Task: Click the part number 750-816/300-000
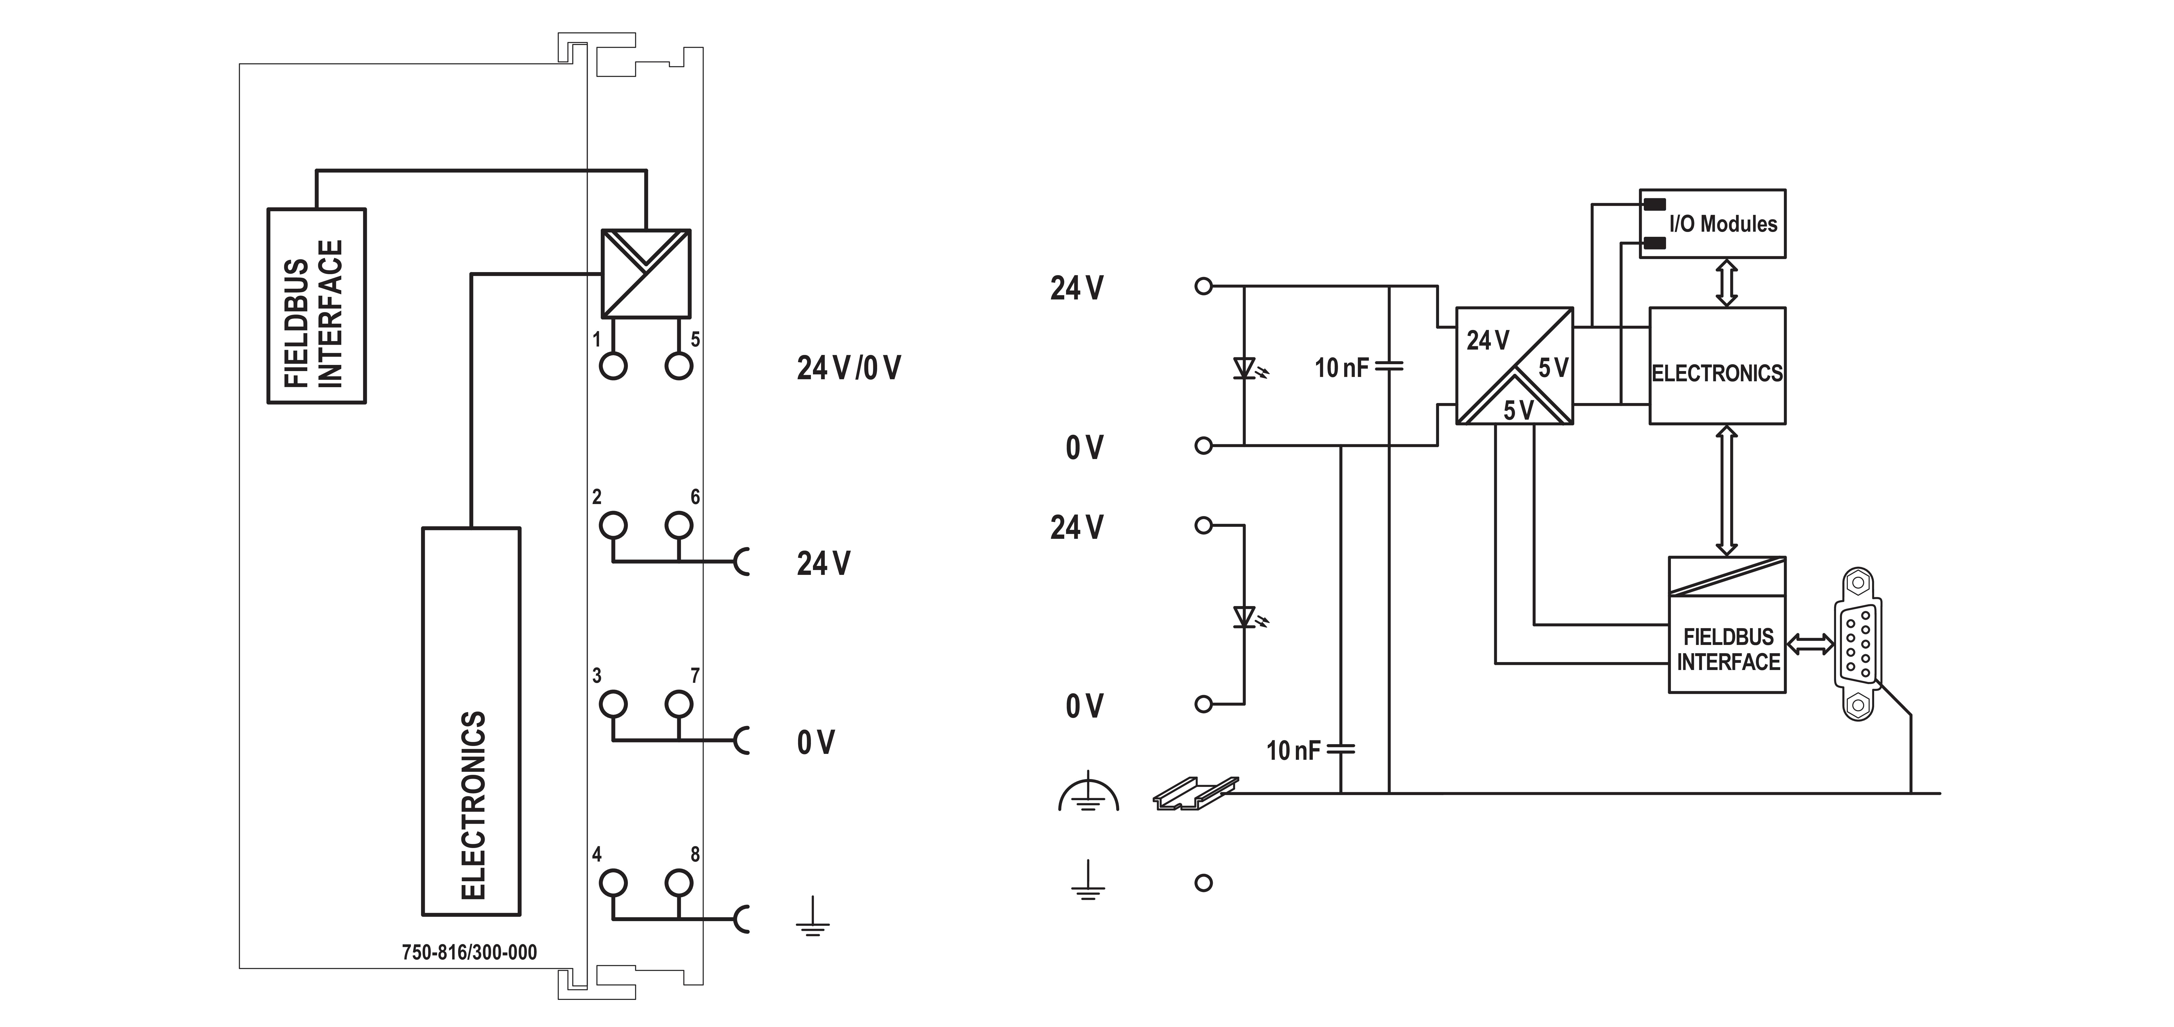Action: [x=469, y=952]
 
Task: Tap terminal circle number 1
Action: [x=614, y=366]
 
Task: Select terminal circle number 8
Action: [x=678, y=883]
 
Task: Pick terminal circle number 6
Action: [x=678, y=525]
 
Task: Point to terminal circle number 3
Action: [x=614, y=704]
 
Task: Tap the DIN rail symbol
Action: [x=1195, y=793]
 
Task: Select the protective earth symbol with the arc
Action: [x=1089, y=793]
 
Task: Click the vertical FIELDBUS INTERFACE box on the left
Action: [x=316, y=306]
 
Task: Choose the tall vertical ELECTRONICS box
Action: [x=471, y=721]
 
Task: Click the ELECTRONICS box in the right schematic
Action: [x=1717, y=365]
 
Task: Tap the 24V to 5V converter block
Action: [x=1515, y=365]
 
